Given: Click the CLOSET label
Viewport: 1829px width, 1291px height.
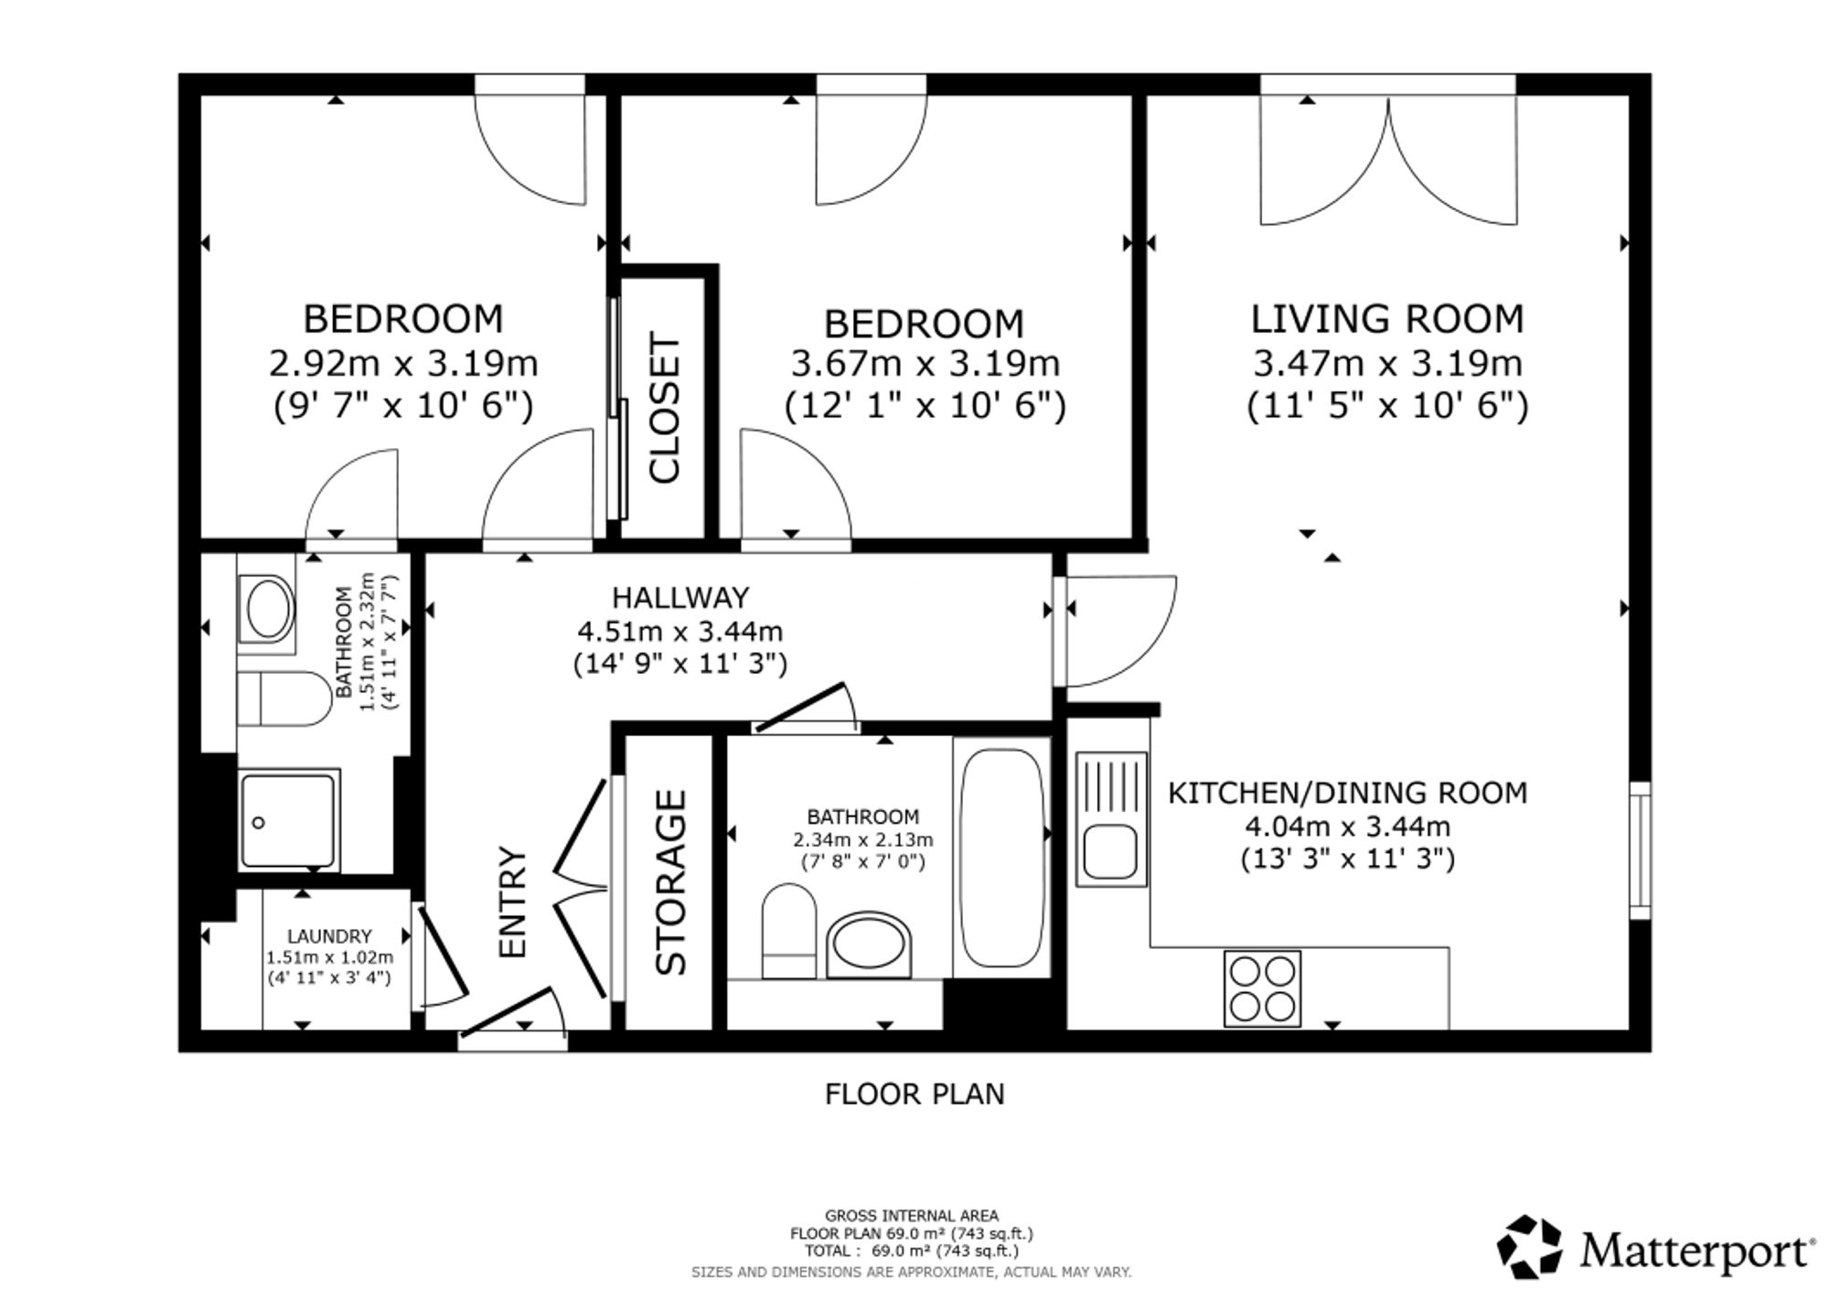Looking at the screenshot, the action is (665, 408).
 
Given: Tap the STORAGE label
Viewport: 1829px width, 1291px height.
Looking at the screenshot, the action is (670, 882).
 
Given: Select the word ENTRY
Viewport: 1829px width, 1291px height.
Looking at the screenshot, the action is (513, 902).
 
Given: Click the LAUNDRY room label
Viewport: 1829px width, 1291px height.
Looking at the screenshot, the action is (329, 936).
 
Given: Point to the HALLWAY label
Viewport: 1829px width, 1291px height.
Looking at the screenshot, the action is (680, 597).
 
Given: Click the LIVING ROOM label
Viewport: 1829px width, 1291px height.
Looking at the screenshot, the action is (1387, 319).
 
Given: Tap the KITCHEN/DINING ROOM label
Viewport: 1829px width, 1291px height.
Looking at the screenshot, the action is (1348, 792).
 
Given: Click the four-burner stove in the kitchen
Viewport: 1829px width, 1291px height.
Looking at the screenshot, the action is (1262, 988).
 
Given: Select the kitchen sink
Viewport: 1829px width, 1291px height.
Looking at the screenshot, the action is (1111, 818).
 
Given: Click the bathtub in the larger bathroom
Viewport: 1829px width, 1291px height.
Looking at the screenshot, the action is (1002, 858).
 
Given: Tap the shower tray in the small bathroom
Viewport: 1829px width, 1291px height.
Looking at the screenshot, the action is (288, 820).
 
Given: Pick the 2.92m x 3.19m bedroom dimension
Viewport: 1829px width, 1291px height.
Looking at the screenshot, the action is (403, 364).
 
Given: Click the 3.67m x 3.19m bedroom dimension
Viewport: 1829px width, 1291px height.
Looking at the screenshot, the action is (925, 364).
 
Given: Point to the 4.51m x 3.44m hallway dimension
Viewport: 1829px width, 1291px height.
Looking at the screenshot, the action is (680, 631).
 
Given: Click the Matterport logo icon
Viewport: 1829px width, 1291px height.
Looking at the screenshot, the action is (1529, 1246).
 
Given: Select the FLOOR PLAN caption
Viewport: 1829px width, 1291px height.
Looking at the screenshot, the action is (914, 1094).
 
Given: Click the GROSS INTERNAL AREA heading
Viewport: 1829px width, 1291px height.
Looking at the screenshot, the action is (912, 1216).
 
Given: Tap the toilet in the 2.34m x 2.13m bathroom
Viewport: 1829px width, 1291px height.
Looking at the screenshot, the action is (789, 931).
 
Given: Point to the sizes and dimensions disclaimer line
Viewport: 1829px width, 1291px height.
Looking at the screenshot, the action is (912, 1272).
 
